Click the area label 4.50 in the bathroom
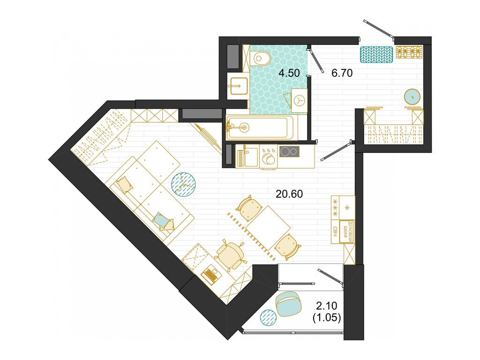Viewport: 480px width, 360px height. click(x=289, y=73)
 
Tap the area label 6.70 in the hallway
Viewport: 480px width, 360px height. click(x=342, y=73)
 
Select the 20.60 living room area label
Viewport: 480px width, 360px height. click(x=289, y=194)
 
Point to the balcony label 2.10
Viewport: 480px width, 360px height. click(x=326, y=306)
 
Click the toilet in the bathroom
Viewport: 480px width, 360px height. click(x=260, y=58)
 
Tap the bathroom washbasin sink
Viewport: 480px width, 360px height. click(x=238, y=86)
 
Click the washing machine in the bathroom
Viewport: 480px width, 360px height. click(x=299, y=100)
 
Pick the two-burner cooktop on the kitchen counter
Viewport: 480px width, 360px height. click(x=289, y=151)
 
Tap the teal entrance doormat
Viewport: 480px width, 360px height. click(x=376, y=55)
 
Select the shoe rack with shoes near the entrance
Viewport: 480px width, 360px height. click(x=409, y=52)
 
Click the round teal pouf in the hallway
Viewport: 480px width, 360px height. click(x=412, y=97)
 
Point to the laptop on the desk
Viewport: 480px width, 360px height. click(x=211, y=274)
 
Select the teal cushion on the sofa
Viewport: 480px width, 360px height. click(x=161, y=220)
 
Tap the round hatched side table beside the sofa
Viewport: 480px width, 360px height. click(x=183, y=184)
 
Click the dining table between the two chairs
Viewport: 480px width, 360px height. click(x=269, y=226)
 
